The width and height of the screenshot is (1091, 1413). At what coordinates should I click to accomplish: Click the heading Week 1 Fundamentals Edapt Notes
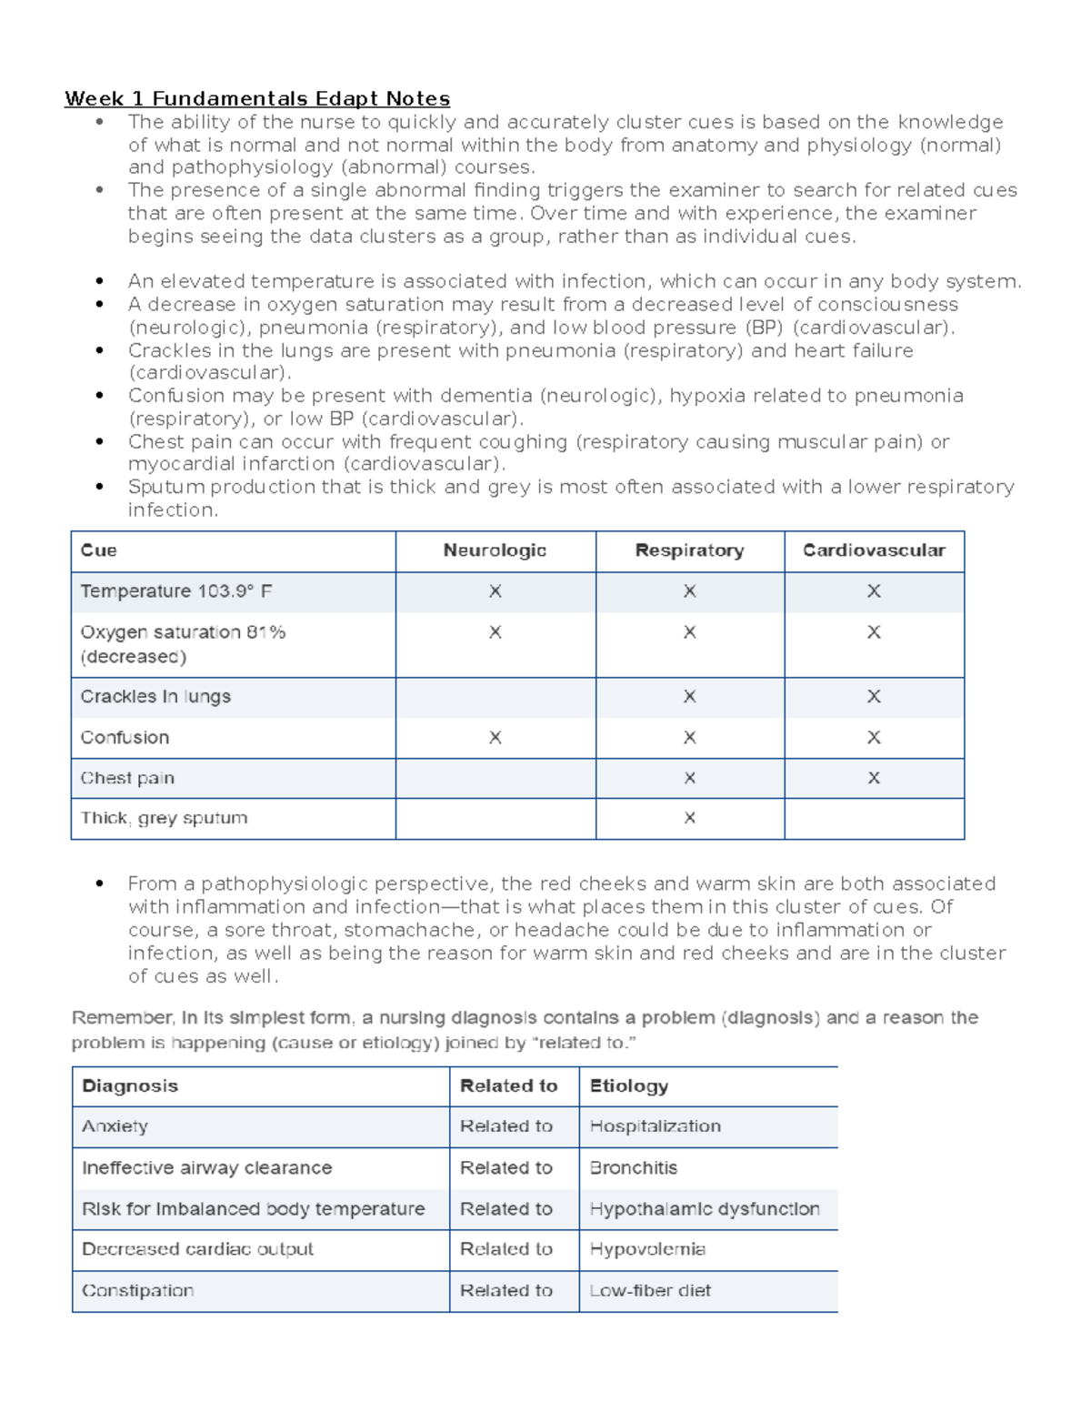(x=257, y=98)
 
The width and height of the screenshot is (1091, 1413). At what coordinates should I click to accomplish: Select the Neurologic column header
(x=495, y=550)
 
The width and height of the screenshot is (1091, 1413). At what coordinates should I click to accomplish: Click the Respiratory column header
(x=689, y=550)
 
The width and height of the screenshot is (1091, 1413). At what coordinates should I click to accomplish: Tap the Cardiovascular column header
(x=874, y=550)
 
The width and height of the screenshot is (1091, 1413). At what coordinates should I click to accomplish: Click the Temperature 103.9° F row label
(x=176, y=591)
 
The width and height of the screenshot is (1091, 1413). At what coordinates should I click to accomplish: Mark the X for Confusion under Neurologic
(x=495, y=738)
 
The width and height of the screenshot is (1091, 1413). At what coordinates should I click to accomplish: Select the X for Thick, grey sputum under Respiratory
(x=690, y=818)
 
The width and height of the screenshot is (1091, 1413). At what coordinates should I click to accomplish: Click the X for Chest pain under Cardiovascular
(x=874, y=778)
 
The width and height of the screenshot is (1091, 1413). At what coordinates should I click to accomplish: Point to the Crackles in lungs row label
(x=155, y=697)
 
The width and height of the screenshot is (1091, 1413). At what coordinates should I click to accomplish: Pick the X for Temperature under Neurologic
(x=495, y=591)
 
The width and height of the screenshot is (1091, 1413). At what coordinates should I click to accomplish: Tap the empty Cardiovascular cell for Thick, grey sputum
(x=874, y=818)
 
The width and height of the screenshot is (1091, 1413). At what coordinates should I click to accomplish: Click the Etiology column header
(x=629, y=1085)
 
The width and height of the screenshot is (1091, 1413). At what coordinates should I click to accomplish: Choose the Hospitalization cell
(x=656, y=1126)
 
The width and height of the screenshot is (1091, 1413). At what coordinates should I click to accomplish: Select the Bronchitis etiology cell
(x=634, y=1167)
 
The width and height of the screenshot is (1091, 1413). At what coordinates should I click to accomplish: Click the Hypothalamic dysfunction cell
(x=705, y=1209)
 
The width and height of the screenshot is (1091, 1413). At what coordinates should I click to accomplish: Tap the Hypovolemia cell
(x=647, y=1249)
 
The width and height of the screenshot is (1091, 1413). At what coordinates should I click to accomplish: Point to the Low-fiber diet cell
(x=650, y=1290)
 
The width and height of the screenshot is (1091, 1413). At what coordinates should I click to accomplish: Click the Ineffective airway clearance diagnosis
(x=207, y=1167)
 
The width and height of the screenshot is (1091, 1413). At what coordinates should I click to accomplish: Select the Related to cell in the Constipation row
(x=506, y=1290)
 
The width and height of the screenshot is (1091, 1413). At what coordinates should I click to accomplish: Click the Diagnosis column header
(x=130, y=1085)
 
